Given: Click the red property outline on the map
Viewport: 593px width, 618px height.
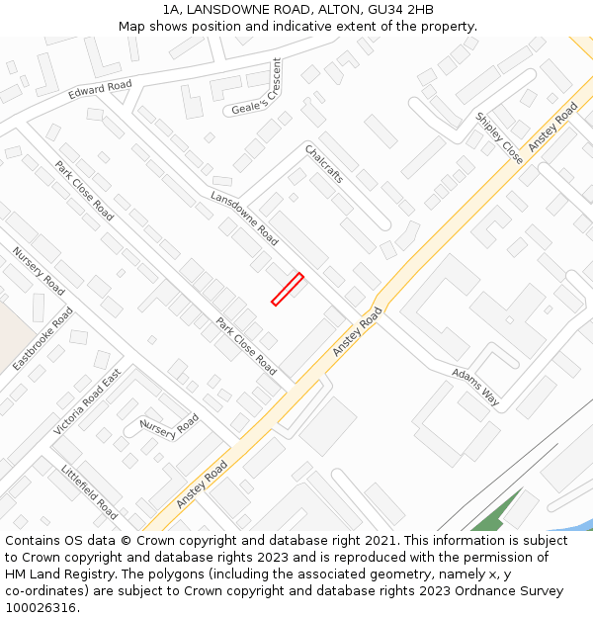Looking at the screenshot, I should coord(287,289).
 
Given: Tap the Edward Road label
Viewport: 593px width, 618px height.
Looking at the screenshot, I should coord(100,91).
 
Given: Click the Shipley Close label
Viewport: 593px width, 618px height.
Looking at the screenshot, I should coord(499,136).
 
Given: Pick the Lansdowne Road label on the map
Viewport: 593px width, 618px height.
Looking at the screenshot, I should coord(244,219).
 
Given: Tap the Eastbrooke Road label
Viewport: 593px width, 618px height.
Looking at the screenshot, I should coord(42,339).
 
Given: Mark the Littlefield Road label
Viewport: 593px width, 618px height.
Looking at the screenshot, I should coord(89,491).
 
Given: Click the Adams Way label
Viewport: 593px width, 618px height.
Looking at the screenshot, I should coord(475,388).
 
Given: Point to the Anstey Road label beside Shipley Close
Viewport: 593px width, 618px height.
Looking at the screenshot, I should coord(552,127).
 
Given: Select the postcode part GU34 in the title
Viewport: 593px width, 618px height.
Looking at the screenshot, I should coord(380,10).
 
